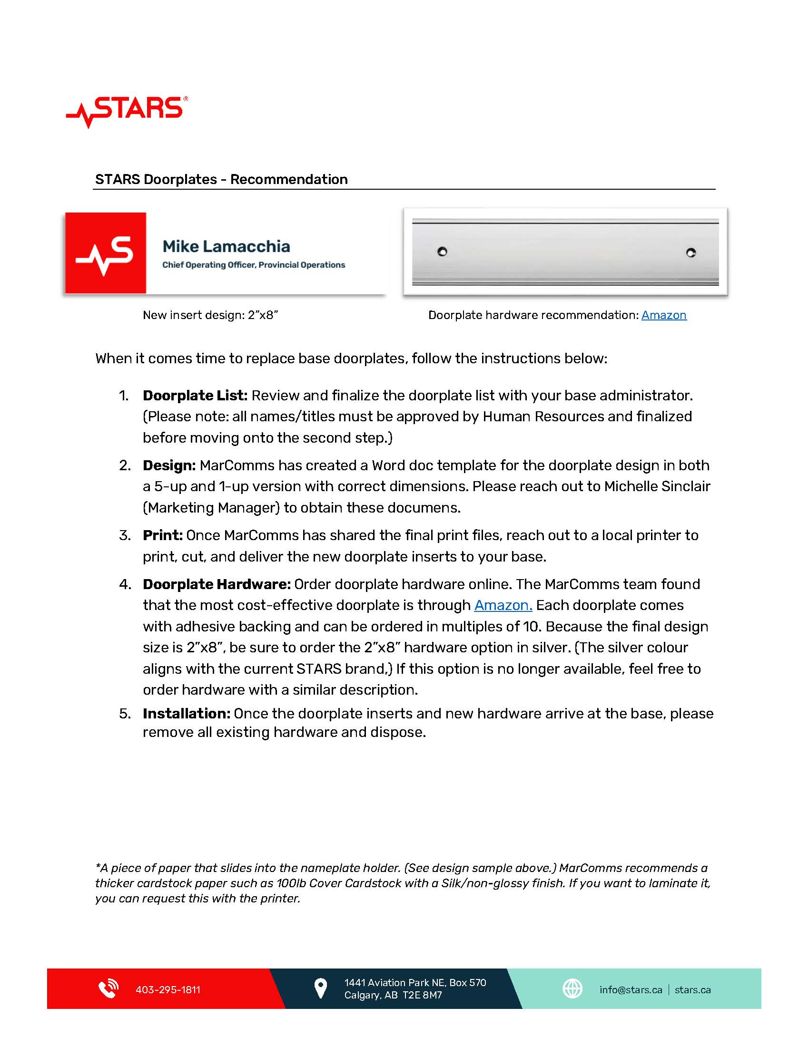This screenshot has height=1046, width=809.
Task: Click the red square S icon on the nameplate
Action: point(106,253)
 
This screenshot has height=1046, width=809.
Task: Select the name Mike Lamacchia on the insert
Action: point(226,247)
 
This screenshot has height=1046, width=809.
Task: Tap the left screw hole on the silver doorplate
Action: point(443,252)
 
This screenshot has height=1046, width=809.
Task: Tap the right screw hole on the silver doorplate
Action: point(691,252)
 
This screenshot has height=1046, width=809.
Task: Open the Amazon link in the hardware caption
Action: point(664,315)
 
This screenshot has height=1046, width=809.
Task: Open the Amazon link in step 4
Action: point(503,605)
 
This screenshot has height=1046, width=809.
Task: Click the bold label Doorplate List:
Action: point(195,396)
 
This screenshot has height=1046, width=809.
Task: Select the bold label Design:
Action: point(169,465)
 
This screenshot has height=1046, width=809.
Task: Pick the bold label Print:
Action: point(162,535)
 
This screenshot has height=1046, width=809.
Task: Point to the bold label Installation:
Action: point(187,714)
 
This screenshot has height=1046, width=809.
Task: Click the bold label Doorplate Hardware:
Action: point(217,584)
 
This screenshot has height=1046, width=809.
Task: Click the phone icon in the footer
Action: point(109,989)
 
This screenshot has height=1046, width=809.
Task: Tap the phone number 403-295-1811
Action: point(168,990)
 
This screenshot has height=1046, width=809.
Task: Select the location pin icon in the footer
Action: point(320,988)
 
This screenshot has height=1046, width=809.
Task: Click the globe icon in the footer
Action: point(572,988)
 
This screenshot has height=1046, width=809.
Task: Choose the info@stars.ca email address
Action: point(631,990)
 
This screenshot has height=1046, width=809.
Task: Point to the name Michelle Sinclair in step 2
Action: point(657,486)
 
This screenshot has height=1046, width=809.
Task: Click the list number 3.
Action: point(125,535)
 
